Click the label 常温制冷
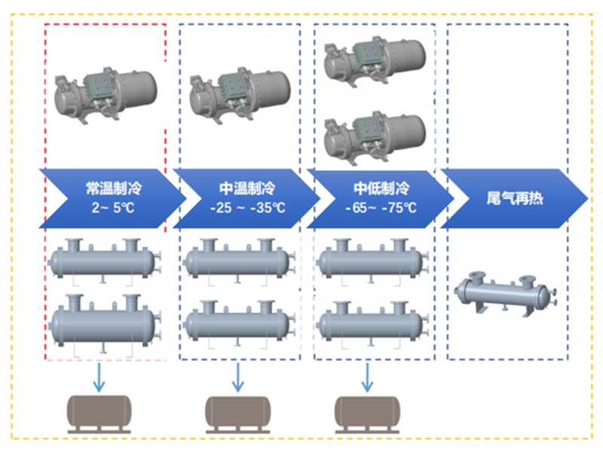[105, 186]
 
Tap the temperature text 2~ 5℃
[105, 207]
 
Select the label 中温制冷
[238, 186]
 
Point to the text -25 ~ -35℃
[238, 207]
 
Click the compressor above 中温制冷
[239, 96]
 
